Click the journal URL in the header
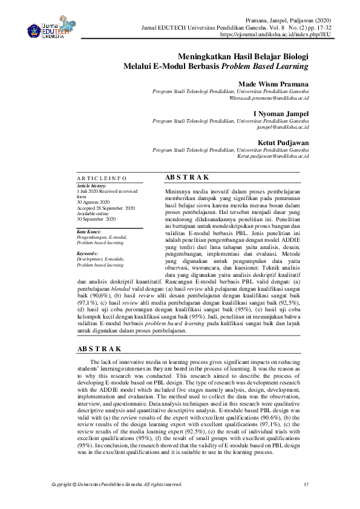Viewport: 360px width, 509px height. pos(264,35)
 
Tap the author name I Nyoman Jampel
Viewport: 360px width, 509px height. pos(280,113)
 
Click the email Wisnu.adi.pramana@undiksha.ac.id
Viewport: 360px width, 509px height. pos(269,97)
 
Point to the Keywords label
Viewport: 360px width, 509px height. pos(88,253)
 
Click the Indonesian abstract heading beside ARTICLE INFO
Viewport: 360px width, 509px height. pos(188,177)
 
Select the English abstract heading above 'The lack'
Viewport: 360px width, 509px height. pos(100,349)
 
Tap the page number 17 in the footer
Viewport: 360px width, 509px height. pos(306,484)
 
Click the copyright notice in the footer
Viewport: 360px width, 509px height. pos(117,484)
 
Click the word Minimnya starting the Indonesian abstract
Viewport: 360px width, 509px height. pos(179,190)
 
